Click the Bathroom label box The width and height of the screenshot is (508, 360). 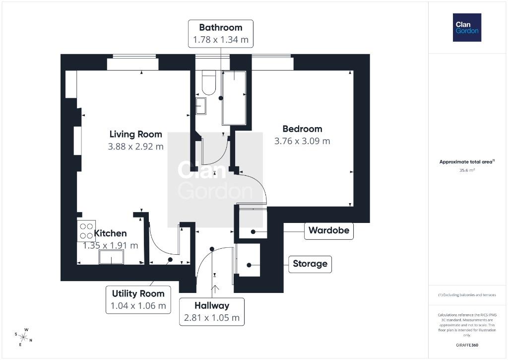point(221,34)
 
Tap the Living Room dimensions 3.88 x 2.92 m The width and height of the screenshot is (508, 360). point(136,146)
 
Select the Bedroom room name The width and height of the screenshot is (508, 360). point(302,129)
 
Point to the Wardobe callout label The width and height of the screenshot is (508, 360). point(329,231)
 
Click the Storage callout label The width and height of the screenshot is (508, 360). point(310,264)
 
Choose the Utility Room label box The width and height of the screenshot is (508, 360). point(138,300)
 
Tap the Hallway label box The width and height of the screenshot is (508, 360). point(212,312)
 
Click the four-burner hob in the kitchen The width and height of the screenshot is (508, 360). point(86,230)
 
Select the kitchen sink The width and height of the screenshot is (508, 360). point(111,257)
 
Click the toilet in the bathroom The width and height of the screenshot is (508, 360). point(209,83)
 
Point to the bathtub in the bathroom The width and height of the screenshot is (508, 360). point(234,98)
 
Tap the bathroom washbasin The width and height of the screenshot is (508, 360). point(201,106)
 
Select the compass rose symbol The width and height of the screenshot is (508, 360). point(23,337)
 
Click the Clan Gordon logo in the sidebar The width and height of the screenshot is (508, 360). point(467,28)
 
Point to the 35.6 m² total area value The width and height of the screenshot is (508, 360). point(467,170)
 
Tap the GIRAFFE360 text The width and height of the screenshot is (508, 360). point(467,345)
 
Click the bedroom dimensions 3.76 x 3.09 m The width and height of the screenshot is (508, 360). point(302,141)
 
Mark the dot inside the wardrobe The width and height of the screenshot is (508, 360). point(253,231)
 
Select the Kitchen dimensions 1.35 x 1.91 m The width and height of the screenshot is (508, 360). point(111,245)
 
